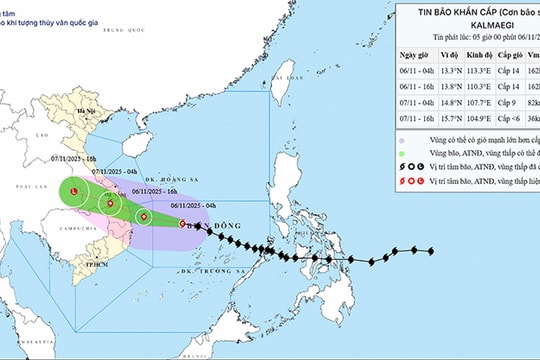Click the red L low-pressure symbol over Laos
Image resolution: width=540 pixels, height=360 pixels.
point(75,189)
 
